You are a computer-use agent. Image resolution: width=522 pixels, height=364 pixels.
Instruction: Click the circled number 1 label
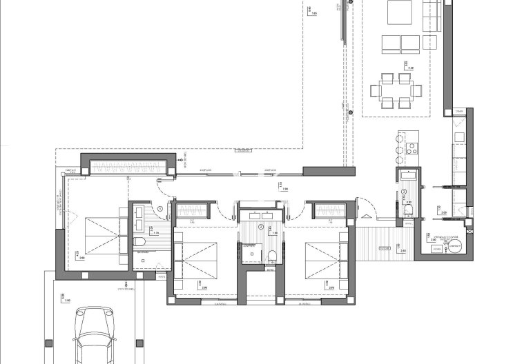(x=160, y=208)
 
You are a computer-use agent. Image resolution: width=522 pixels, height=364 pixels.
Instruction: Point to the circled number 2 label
(x=260, y=226)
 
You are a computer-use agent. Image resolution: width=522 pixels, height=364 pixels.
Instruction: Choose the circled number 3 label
(x=404, y=192)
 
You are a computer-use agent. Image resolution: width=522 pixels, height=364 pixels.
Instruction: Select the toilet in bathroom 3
(x=409, y=210)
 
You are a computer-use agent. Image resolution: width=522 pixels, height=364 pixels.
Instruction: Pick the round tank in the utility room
(x=453, y=245)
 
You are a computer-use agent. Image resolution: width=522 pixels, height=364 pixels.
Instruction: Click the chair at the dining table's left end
(x=374, y=90)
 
